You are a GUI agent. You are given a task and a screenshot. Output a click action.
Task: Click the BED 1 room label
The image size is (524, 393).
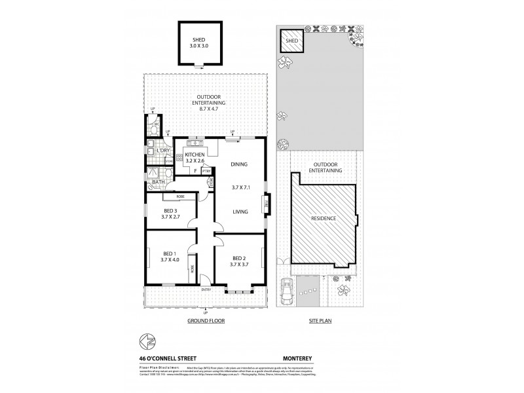(x=169, y=253)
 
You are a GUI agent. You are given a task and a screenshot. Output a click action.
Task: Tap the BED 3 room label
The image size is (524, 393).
(x=170, y=211)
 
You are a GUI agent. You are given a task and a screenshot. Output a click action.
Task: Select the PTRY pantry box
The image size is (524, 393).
(x=206, y=171)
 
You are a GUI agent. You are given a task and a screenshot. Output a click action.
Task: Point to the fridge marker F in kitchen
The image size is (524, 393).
(x=195, y=171)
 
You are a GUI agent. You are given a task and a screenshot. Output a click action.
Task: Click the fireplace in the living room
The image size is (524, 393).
(x=266, y=204)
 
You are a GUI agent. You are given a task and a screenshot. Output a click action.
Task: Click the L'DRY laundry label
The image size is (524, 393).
(x=163, y=151)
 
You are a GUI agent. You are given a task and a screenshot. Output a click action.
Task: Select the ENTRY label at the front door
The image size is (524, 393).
(x=206, y=289)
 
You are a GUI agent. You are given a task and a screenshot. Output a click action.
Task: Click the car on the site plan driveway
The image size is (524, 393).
(x=286, y=291)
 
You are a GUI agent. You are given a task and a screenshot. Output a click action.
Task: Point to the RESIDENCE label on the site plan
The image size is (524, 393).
(x=323, y=218)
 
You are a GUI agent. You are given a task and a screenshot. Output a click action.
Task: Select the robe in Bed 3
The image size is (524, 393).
(x=179, y=196)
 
